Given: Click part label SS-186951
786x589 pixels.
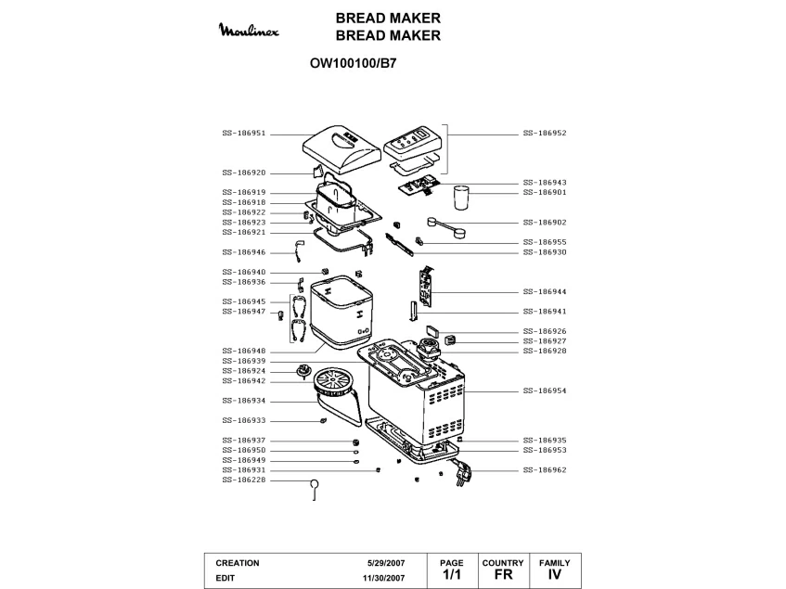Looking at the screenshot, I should pyautogui.click(x=244, y=133).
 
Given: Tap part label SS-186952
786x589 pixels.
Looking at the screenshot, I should pyautogui.click(x=545, y=133).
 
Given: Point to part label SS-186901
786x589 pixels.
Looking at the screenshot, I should pyautogui.click(x=545, y=192).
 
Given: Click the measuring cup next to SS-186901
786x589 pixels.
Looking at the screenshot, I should pyautogui.click(x=461, y=200).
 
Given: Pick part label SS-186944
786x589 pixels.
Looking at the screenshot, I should pyautogui.click(x=545, y=291).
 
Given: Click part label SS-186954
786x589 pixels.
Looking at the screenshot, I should pyautogui.click(x=545, y=391).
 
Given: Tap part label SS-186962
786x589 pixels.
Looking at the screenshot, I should pyautogui.click(x=545, y=470).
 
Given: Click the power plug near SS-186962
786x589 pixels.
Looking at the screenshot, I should pyautogui.click(x=461, y=473).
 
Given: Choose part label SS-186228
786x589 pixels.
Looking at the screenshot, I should pyautogui.click(x=244, y=480).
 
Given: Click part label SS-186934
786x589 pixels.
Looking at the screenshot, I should pyautogui.click(x=244, y=401).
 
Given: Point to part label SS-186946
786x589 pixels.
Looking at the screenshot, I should pyautogui.click(x=244, y=252).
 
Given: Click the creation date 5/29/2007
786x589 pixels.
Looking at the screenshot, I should pyautogui.click(x=385, y=563).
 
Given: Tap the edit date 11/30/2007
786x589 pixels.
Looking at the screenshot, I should pyautogui.click(x=382, y=578).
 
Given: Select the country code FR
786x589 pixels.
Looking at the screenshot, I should pyautogui.click(x=503, y=576).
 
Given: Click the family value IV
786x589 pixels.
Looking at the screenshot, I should pyautogui.click(x=555, y=576).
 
